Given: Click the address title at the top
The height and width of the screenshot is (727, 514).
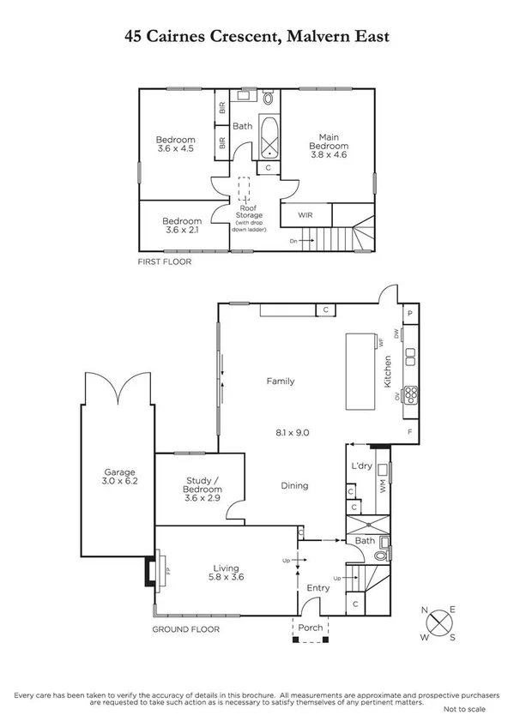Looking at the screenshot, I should point(257,37).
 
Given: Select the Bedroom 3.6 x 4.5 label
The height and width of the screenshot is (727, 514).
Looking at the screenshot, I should point(175,144).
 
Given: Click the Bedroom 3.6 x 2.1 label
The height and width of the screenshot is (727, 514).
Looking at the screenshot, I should point(182,225).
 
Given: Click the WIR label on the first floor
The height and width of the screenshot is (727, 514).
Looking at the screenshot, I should point(305,214).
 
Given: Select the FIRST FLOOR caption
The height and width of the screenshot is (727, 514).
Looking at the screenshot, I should point(164,261).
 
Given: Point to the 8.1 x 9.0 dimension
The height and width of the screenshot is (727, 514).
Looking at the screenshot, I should point(291,433).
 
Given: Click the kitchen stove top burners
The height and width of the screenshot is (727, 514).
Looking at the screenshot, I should point(411,395).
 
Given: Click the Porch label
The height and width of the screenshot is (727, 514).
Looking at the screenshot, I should point(310,628).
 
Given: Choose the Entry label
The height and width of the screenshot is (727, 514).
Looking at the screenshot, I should point(318,587).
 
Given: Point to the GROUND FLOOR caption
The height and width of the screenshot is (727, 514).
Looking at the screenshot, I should point(185,629).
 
